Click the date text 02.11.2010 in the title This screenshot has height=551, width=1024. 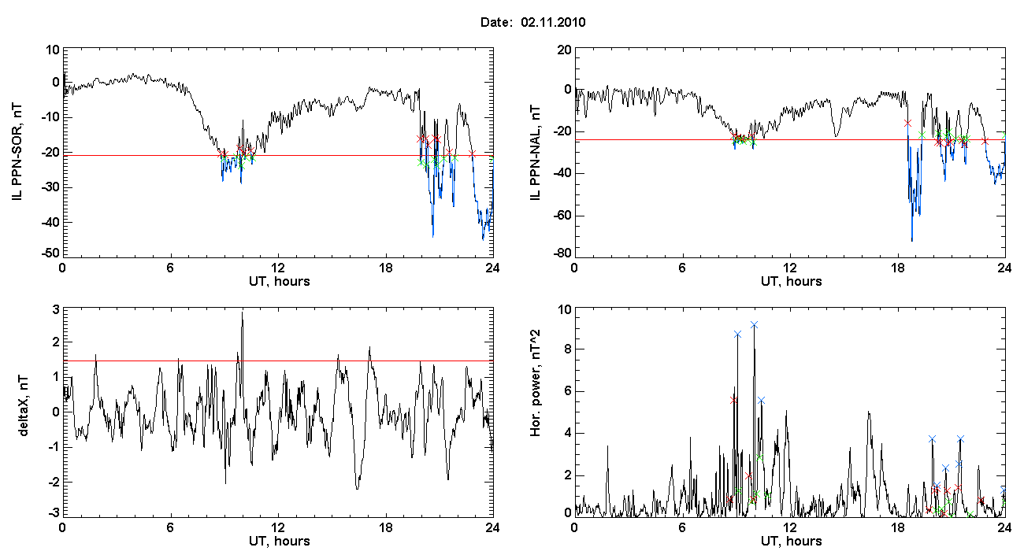pyautogui.click(x=553, y=22)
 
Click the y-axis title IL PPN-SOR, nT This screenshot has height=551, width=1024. pyautogui.click(x=17, y=152)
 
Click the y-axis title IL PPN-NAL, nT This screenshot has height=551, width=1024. pyautogui.click(x=536, y=153)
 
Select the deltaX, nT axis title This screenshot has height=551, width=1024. pyautogui.click(x=24, y=406)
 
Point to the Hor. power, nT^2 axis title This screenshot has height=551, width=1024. pyautogui.click(x=535, y=384)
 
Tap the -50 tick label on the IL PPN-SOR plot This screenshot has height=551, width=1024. pyautogui.click(x=52, y=253)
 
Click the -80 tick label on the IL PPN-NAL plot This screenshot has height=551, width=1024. pyautogui.click(x=563, y=253)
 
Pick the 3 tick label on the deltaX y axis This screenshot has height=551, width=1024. pyautogui.click(x=56, y=310)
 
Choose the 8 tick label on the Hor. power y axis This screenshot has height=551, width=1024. pyautogui.click(x=567, y=349)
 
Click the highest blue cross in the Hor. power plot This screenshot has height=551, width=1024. pyautogui.click(x=755, y=325)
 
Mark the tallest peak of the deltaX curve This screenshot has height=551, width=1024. pyautogui.click(x=243, y=312)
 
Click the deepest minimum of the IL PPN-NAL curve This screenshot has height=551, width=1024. pyautogui.click(x=912, y=240)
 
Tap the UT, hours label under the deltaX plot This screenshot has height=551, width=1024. pyautogui.click(x=280, y=542)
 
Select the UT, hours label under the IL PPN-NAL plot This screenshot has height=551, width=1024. pyautogui.click(x=792, y=282)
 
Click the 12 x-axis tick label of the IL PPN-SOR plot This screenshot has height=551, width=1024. pyautogui.click(x=277, y=268)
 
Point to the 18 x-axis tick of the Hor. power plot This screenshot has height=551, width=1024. pyautogui.click(x=897, y=527)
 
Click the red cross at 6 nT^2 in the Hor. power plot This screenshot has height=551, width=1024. pyautogui.click(x=733, y=400)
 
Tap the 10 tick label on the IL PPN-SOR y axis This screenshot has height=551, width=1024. pyautogui.click(x=53, y=50)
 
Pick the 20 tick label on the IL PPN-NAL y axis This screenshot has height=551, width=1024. pyautogui.click(x=565, y=50)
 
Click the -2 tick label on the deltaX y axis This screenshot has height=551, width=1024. pyautogui.click(x=54, y=482)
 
